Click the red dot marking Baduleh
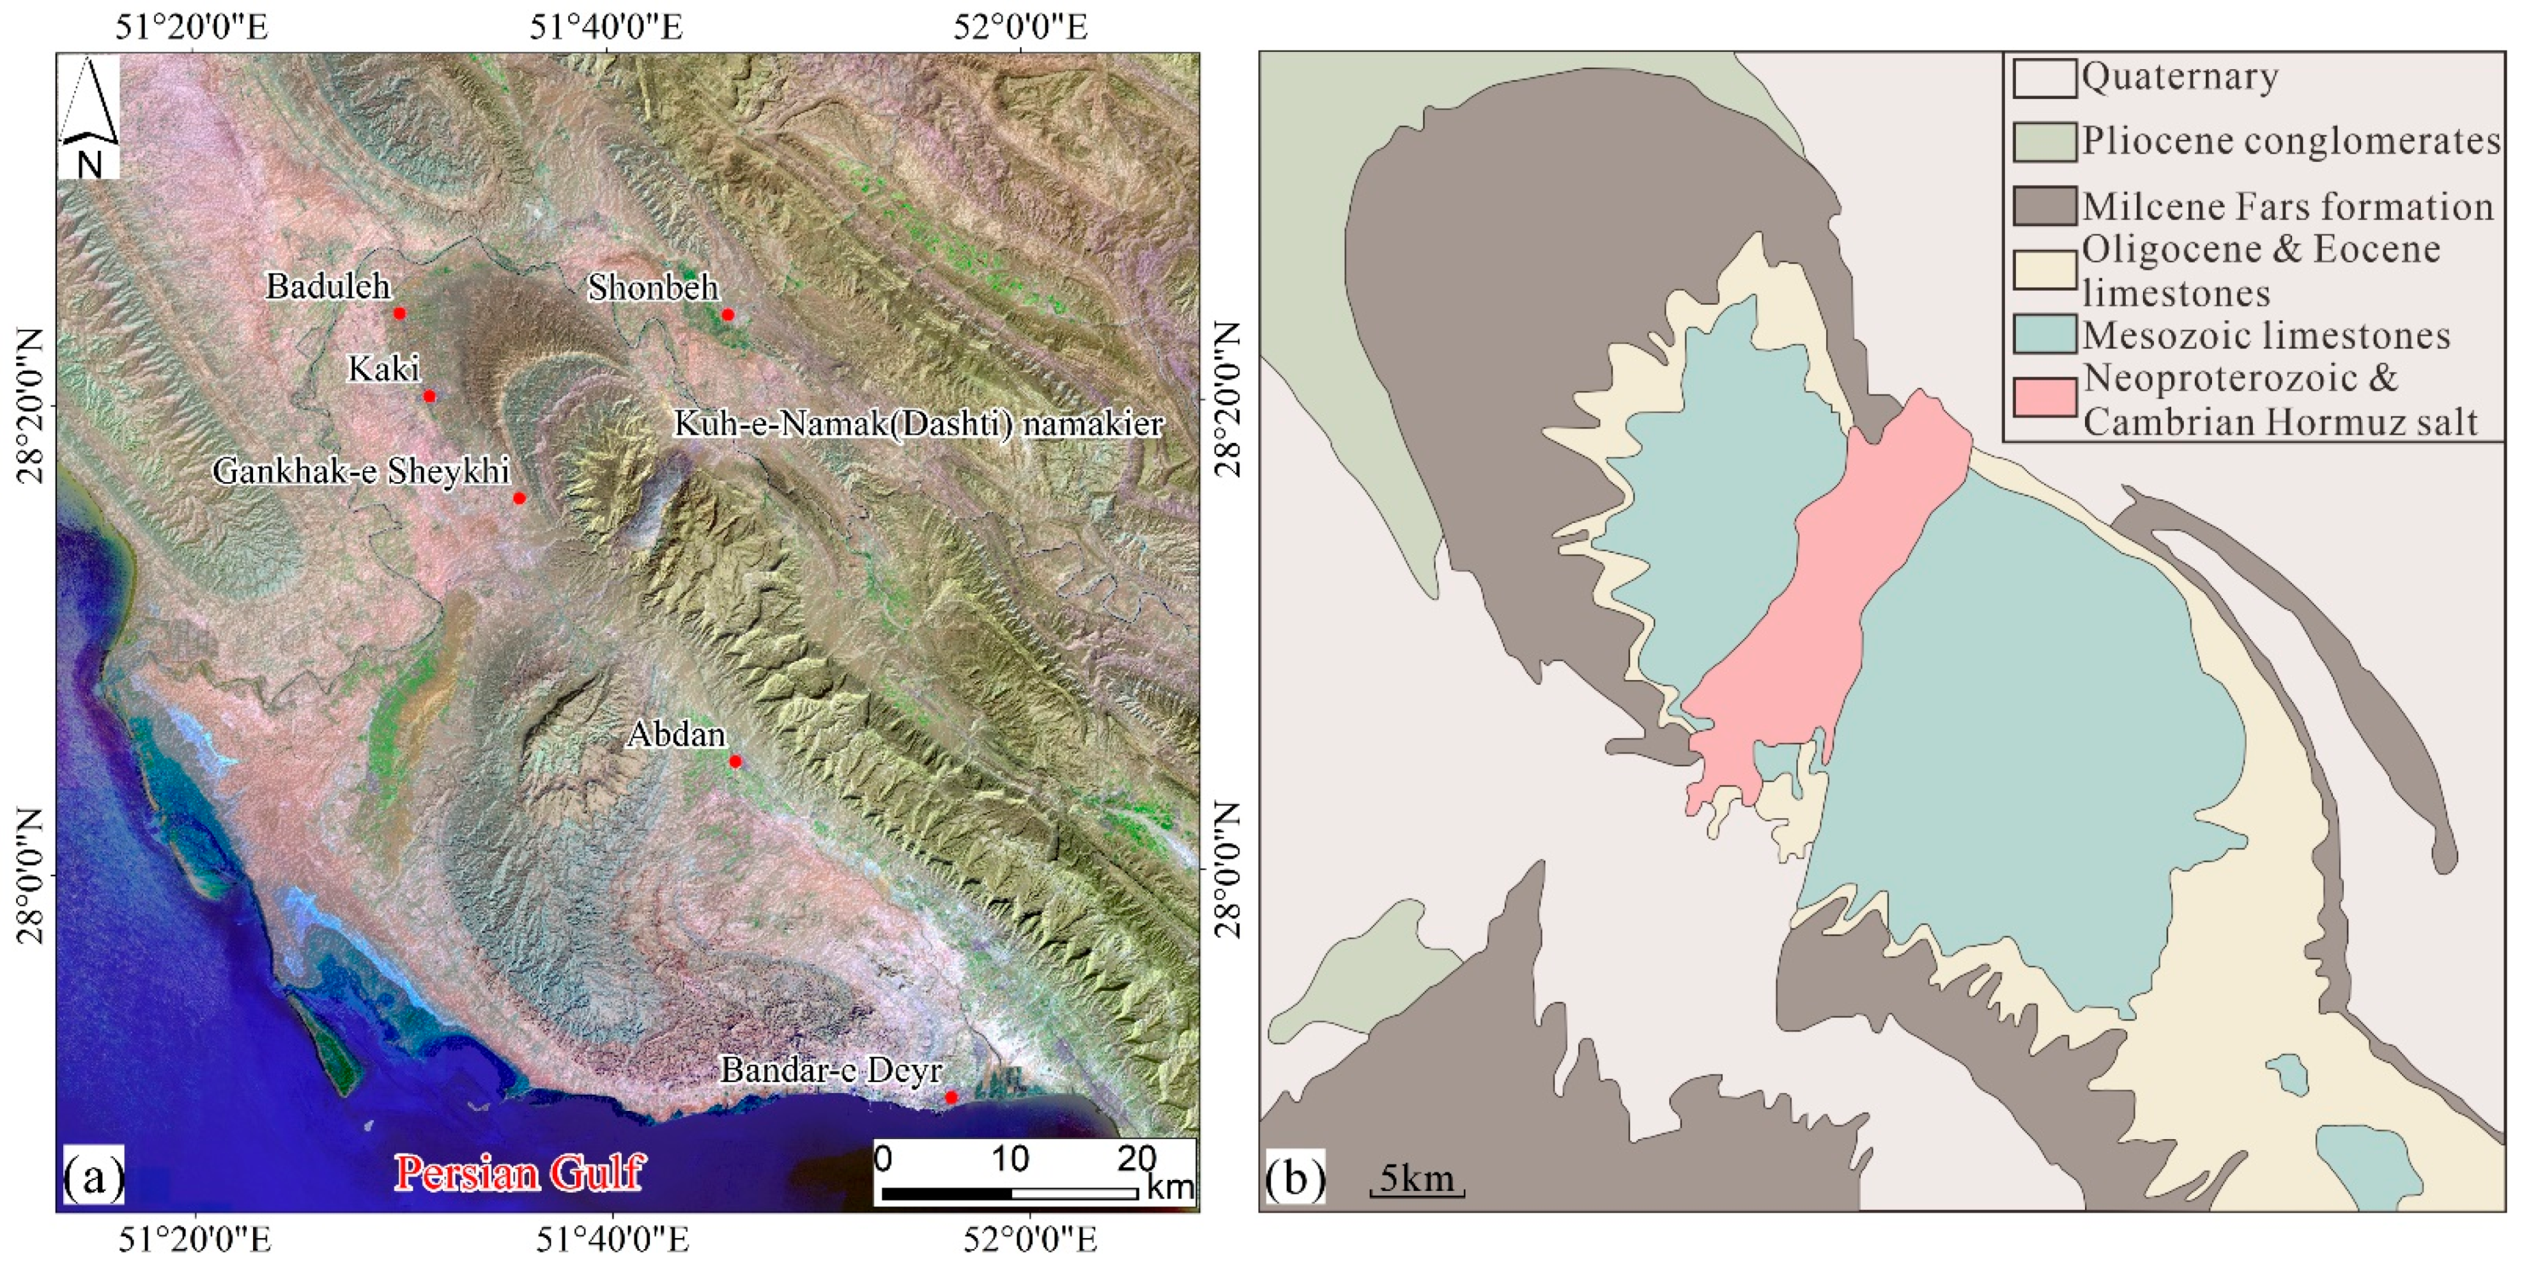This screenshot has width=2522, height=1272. point(399,313)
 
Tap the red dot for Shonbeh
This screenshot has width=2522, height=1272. point(727,314)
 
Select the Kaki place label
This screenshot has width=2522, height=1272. point(384,369)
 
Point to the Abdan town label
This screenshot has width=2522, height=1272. point(677,734)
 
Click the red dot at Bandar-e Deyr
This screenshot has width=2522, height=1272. point(951,1097)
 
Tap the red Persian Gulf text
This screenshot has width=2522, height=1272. point(519,1173)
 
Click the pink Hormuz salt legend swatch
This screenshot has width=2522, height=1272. point(2044,398)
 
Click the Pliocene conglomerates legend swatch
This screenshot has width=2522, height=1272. point(2044,142)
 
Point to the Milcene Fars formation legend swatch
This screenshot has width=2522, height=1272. point(2044,206)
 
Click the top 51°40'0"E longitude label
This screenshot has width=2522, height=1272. point(605,26)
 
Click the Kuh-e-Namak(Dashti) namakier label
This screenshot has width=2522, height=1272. point(918,424)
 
